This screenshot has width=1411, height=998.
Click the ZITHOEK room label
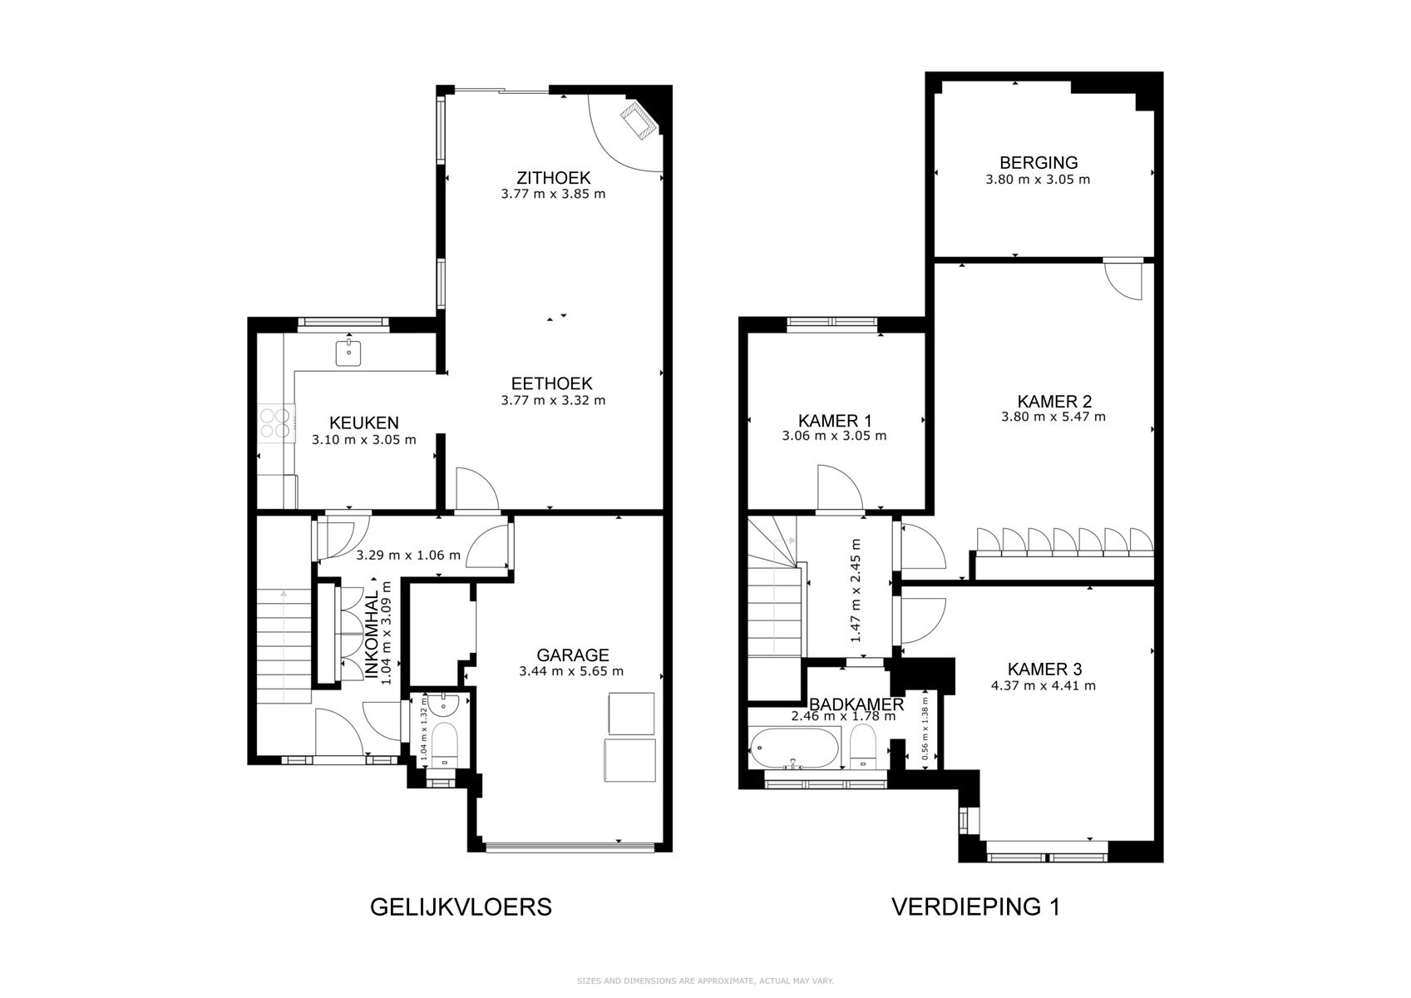click(553, 177)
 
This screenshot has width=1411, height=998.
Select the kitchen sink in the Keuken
click(348, 353)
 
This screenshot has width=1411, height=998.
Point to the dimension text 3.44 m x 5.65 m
click(570, 671)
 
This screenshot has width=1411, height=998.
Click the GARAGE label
click(572, 655)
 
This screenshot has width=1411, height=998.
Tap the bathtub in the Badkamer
click(794, 748)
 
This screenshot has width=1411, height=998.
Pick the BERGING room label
click(1038, 163)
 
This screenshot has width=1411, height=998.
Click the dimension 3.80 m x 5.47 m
click(1053, 417)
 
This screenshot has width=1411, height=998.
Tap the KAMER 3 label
click(1043, 669)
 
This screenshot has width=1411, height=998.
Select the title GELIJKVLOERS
click(460, 907)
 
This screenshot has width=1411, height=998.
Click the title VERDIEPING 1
click(975, 907)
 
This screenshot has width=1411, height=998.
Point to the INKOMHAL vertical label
click(372, 638)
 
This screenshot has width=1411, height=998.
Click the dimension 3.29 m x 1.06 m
click(407, 555)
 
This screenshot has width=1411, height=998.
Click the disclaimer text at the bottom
click(705, 981)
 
